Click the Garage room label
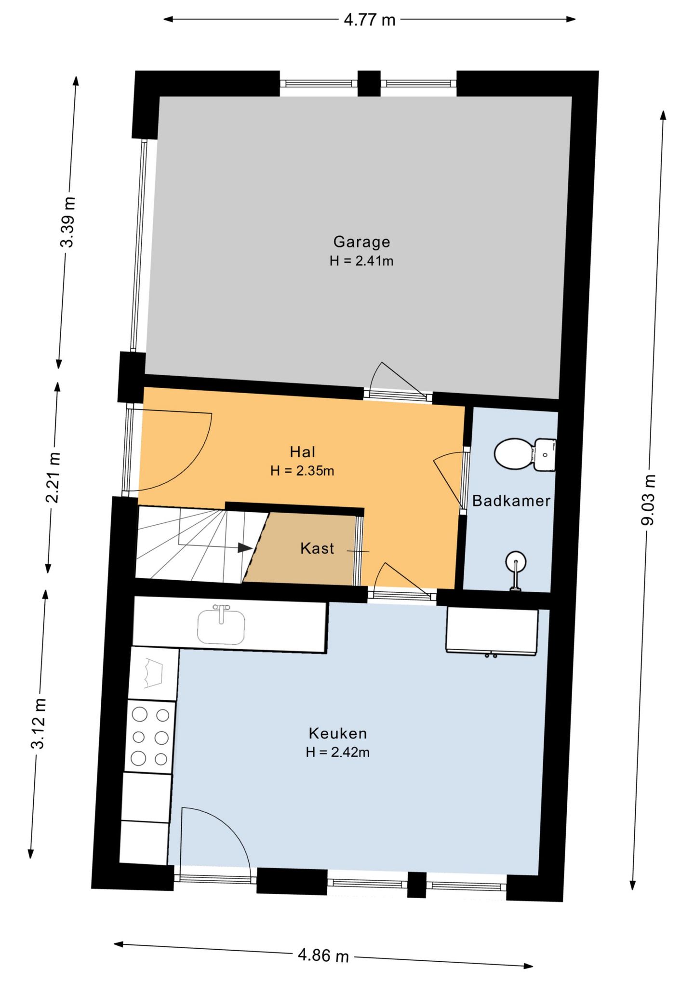coord(361,242)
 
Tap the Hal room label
coord(303,452)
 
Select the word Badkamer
coord(511,501)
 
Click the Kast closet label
coord(317,548)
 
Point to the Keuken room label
coord(338,734)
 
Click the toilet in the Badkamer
coord(525,454)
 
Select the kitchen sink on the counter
coord(221,625)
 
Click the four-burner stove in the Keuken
coord(150,737)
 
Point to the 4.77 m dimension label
coord(370,20)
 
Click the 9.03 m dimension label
coord(650,500)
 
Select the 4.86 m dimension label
coord(323,954)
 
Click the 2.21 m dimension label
coord(53,477)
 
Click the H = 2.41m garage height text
coord(361,261)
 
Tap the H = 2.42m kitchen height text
coord(337,752)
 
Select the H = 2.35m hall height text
coord(302,471)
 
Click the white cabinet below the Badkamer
coord(492,630)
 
